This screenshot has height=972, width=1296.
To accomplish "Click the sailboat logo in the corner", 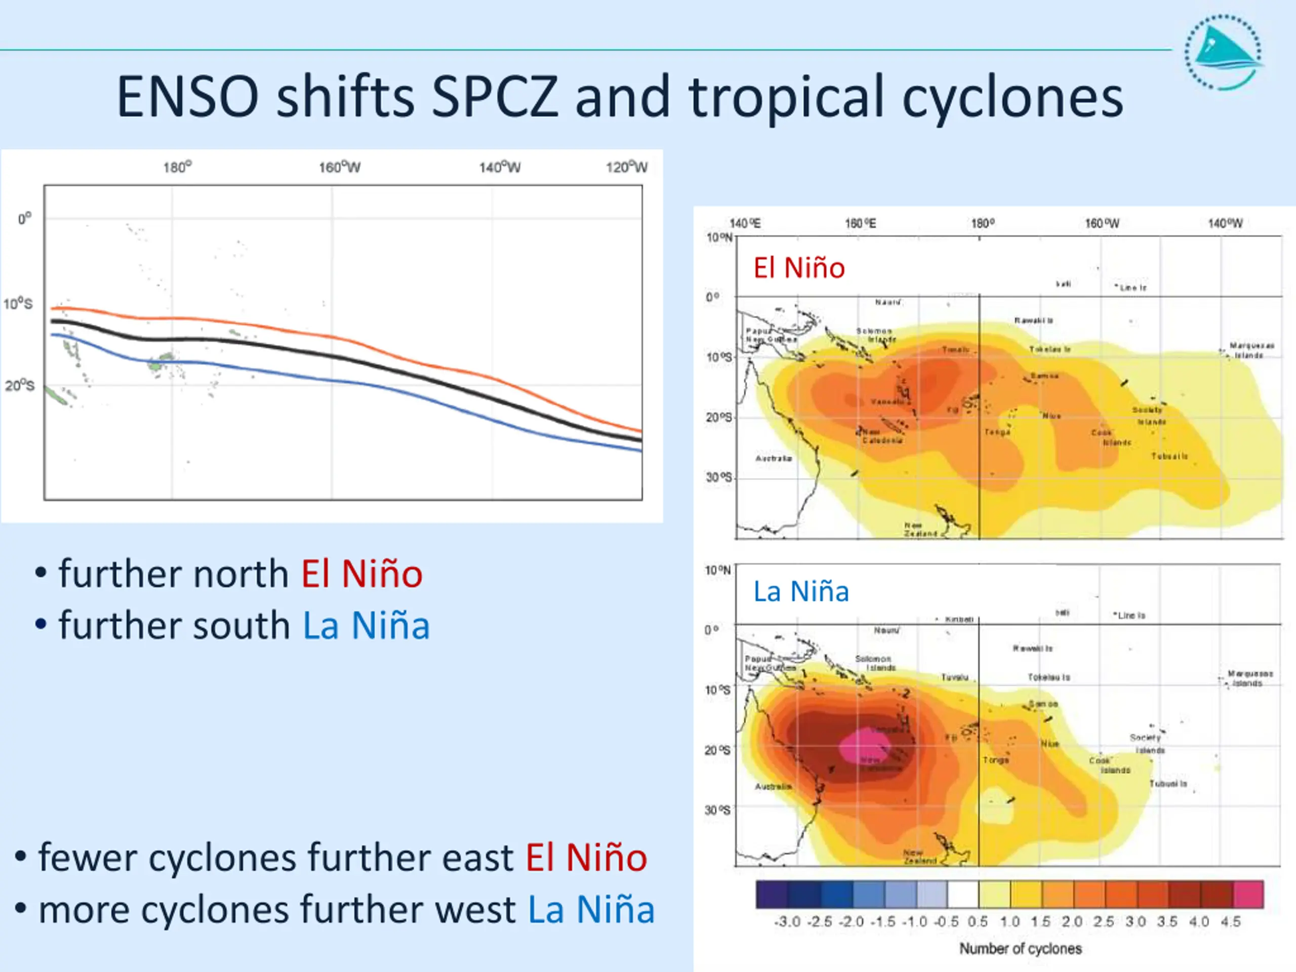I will pyautogui.click(x=1223, y=53).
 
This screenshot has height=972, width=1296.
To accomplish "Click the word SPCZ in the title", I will pyautogui.click(x=495, y=97).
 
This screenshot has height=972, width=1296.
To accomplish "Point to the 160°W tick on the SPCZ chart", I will pyautogui.click(x=339, y=168).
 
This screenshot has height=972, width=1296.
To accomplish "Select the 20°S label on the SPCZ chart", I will pyautogui.click(x=20, y=386).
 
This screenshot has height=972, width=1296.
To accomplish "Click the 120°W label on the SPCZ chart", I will pyautogui.click(x=626, y=168).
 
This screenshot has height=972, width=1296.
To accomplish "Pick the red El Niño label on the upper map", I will pyautogui.click(x=798, y=268).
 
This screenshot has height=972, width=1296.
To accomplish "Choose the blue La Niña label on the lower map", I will pyautogui.click(x=801, y=591).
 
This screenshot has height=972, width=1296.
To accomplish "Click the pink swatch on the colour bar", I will pyautogui.click(x=1248, y=894).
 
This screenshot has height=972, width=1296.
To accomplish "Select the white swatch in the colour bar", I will pyautogui.click(x=962, y=894).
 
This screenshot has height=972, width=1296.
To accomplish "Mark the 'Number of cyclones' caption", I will pyautogui.click(x=1020, y=949).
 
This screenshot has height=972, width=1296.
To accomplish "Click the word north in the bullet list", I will pyautogui.click(x=241, y=574).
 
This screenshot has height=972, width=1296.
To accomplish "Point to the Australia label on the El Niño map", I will pyautogui.click(x=774, y=458).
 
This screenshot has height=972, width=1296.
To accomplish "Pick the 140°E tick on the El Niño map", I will pyautogui.click(x=745, y=223).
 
